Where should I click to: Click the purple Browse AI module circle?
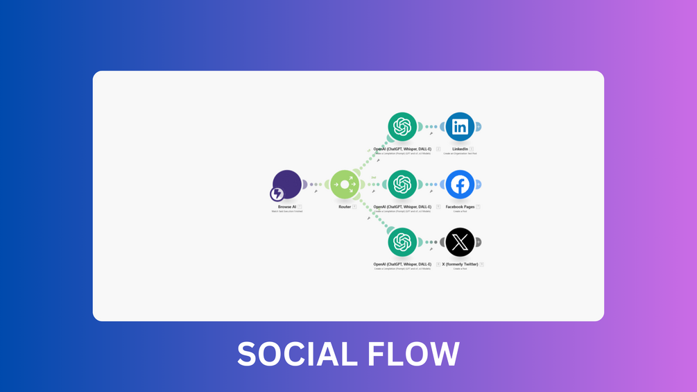click(x=288, y=183)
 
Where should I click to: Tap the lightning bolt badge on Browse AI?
click(x=277, y=194)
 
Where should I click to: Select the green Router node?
click(x=345, y=185)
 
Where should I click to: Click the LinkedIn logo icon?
click(x=460, y=127)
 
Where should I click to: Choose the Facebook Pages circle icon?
click(x=460, y=185)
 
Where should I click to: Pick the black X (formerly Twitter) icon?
click(x=460, y=242)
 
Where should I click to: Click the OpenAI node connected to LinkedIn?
click(x=402, y=127)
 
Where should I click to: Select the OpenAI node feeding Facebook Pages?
click(x=402, y=185)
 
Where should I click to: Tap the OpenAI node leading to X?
click(x=402, y=242)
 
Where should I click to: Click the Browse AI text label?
click(x=286, y=207)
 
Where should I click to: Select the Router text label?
click(x=344, y=207)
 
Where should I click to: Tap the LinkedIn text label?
click(x=460, y=149)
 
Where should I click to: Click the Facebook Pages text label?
click(x=460, y=207)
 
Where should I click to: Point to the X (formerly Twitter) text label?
click(x=460, y=264)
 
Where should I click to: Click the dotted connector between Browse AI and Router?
click(x=316, y=185)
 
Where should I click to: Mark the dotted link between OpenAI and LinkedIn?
click(x=431, y=127)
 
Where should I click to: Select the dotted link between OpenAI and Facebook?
click(x=431, y=185)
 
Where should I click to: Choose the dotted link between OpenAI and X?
click(x=431, y=242)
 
